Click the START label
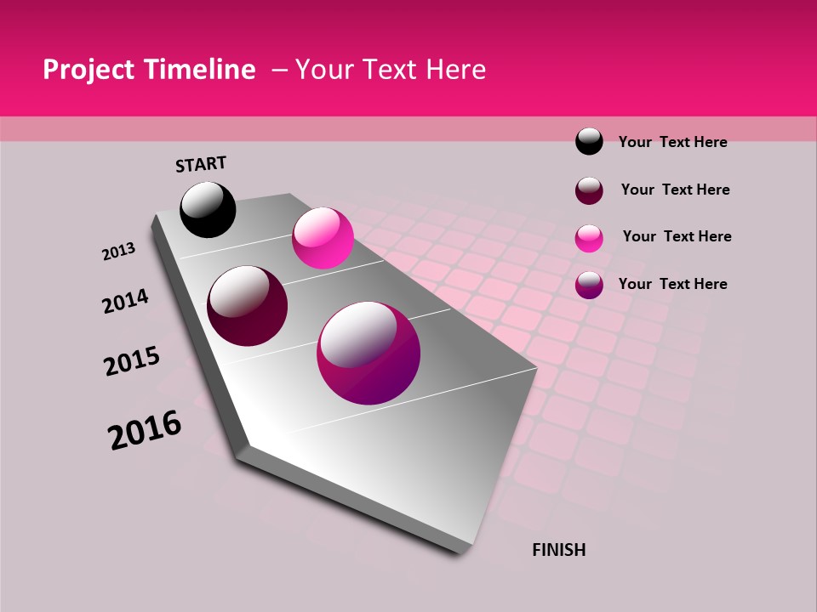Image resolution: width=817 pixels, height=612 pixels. tap(201, 164)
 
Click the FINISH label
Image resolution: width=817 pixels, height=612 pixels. tap(558, 550)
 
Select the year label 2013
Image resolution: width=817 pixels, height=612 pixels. tap(118, 252)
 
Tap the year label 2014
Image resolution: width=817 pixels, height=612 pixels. tap(126, 301)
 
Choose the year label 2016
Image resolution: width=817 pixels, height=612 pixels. tap(145, 430)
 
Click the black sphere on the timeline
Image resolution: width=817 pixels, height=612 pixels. tap(208, 209)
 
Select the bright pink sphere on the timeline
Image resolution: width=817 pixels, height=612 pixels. tap(323, 238)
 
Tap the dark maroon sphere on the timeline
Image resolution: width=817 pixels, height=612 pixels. tap(248, 306)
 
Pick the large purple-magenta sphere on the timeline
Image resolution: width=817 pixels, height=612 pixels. tap(369, 353)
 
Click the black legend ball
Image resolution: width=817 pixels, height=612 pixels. tap(589, 141)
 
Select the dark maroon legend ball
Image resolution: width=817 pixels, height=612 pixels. tap(589, 190)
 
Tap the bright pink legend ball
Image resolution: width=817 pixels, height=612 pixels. tap(589, 237)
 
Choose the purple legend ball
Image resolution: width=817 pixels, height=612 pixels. tap(589, 284)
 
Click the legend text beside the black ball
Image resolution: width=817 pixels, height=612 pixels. tap(672, 142)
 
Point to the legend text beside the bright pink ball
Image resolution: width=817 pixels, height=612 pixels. tap(677, 236)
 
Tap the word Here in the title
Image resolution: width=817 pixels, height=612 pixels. tap(455, 70)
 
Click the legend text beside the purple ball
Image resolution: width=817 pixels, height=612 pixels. tap(672, 284)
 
